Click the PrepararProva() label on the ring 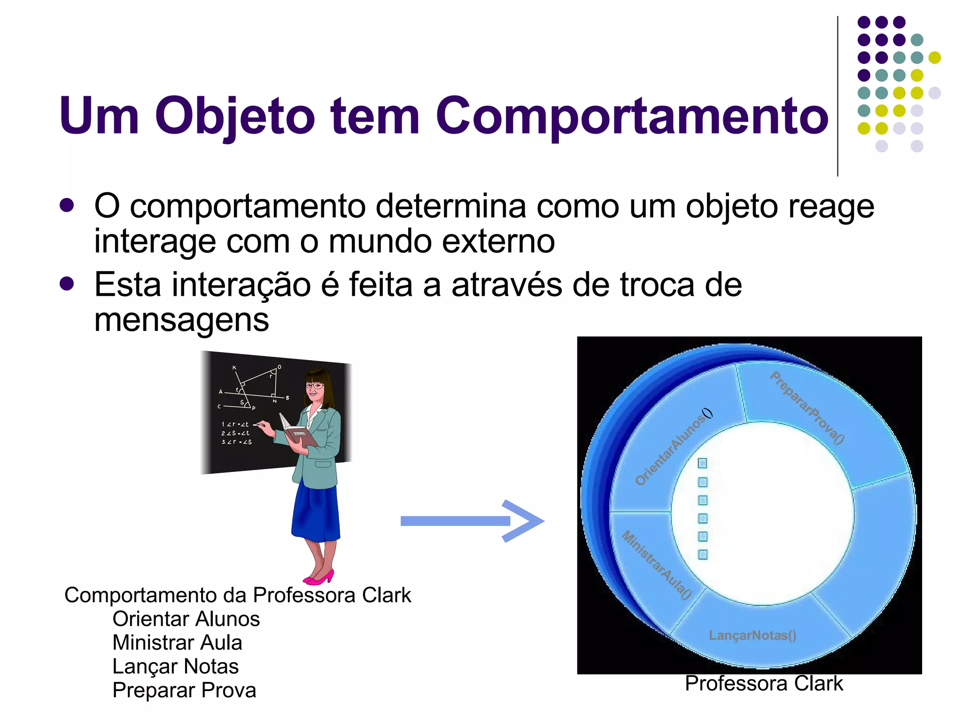(x=807, y=408)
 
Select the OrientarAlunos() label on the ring (x=673, y=448)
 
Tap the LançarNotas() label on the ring (x=753, y=636)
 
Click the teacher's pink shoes (x=319, y=577)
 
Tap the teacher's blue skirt (x=316, y=512)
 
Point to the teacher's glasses (x=315, y=386)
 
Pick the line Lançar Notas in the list (x=176, y=667)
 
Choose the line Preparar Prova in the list (x=184, y=690)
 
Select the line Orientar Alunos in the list (x=186, y=619)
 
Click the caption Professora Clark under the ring (x=764, y=683)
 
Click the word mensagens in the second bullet (x=182, y=320)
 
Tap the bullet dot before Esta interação (x=67, y=284)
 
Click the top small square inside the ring (x=702, y=463)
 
